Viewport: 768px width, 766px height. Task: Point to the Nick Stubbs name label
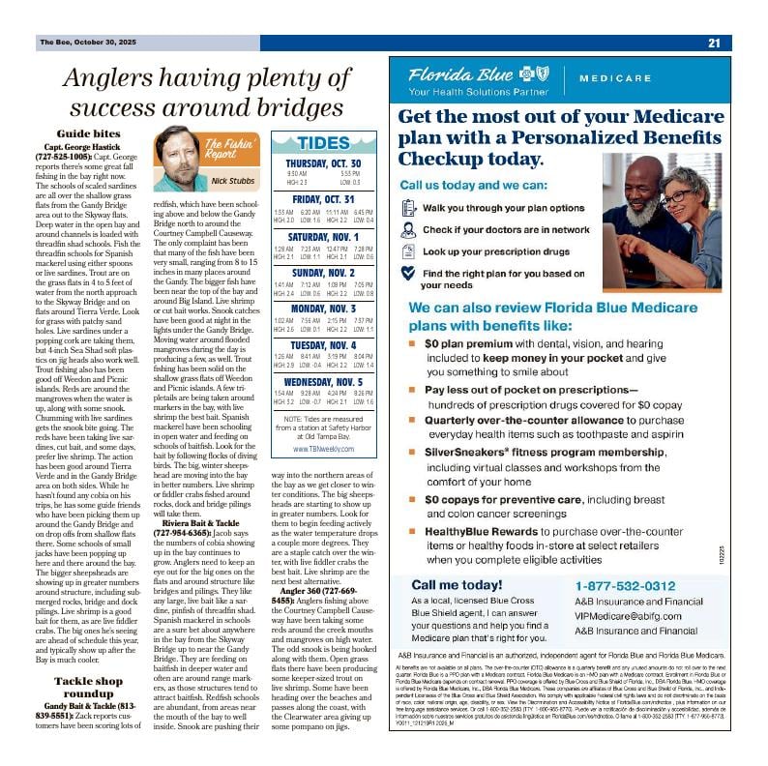233,181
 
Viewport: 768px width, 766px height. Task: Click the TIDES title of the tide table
325,143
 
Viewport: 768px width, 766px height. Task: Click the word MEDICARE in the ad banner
615,78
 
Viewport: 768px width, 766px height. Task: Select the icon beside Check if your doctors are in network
408,230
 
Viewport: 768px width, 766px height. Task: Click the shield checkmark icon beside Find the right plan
408,274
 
